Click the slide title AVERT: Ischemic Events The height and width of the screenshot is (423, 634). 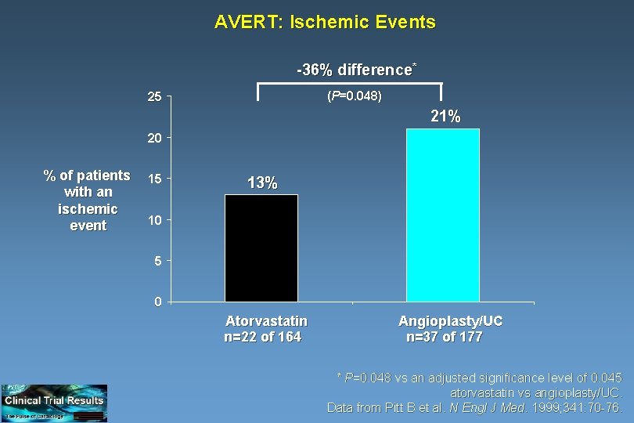coord(325,22)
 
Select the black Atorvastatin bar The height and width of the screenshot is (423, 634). coord(261,248)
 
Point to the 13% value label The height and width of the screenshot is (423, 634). coord(261,183)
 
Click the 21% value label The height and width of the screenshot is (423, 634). coord(445,117)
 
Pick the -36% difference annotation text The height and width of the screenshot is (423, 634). coord(355,70)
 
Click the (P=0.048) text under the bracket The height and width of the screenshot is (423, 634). coord(354,96)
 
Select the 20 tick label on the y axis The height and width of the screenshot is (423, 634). coord(154,138)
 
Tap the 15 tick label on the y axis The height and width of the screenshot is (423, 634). coord(154,179)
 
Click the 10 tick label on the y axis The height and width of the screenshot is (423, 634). coord(154,220)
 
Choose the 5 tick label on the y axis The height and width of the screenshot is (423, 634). coord(157,261)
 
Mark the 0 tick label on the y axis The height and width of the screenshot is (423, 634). coord(157,302)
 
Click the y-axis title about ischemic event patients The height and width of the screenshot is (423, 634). coord(88,200)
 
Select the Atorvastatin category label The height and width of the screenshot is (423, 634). coord(266,321)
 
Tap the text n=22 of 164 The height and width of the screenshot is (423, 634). coord(263,338)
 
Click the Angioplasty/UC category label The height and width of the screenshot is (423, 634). coord(450,321)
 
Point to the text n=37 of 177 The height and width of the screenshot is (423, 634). coord(445,338)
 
